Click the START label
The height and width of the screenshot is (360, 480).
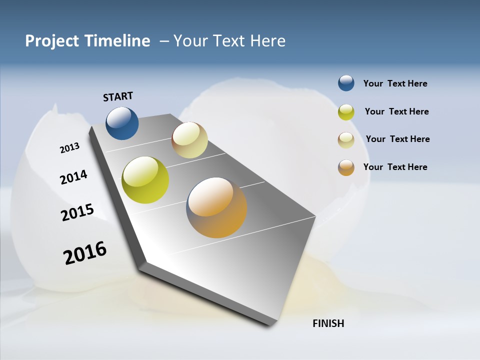click(118, 96)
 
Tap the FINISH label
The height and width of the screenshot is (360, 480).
click(328, 323)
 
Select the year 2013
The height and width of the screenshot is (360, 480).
click(69, 148)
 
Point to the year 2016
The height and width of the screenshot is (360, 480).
click(85, 252)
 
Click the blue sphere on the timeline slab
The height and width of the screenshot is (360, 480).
click(122, 123)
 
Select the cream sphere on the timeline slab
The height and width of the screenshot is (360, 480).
click(189, 140)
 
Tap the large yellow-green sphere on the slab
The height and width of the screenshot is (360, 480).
click(145, 180)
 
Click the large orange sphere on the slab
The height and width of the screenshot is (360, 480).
click(216, 207)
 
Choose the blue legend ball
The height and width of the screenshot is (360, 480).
click(346, 83)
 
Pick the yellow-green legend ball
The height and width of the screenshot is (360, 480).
click(346, 112)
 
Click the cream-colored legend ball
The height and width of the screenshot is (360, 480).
click(346, 140)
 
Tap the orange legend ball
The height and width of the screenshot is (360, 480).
click(346, 167)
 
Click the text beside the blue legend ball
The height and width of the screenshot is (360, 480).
click(395, 83)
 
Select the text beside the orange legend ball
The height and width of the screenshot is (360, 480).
click(395, 167)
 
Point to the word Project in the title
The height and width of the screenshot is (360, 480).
click(51, 41)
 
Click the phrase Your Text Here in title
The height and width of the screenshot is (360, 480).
click(229, 41)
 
